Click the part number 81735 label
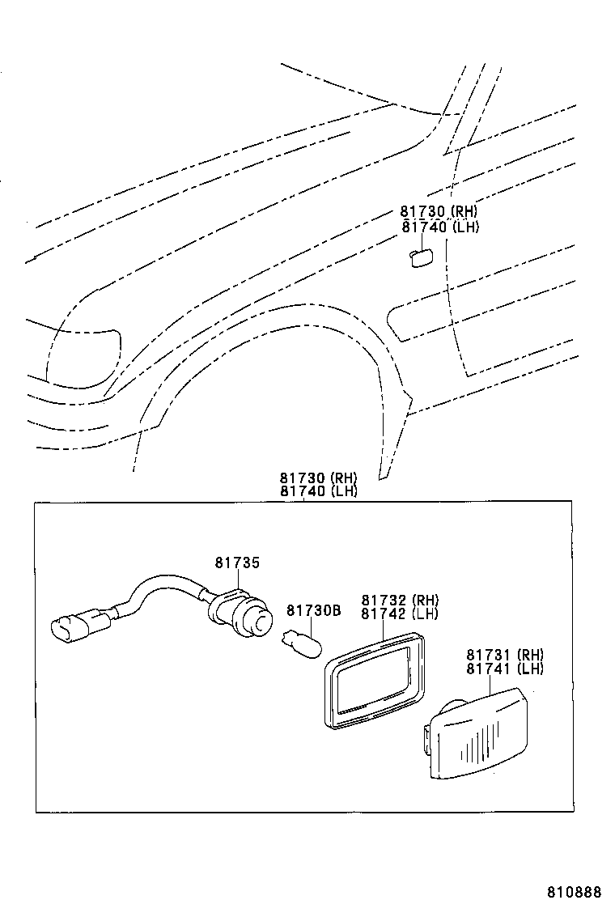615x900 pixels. [238, 562]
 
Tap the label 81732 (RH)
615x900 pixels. [400, 601]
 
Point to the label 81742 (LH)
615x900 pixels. [400, 613]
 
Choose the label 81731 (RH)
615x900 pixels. [504, 655]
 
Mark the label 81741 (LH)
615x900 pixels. [504, 669]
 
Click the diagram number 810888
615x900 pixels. [574, 891]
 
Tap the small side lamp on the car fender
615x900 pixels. [420, 257]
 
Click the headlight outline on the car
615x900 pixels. [81, 356]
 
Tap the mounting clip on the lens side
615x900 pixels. [426, 740]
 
